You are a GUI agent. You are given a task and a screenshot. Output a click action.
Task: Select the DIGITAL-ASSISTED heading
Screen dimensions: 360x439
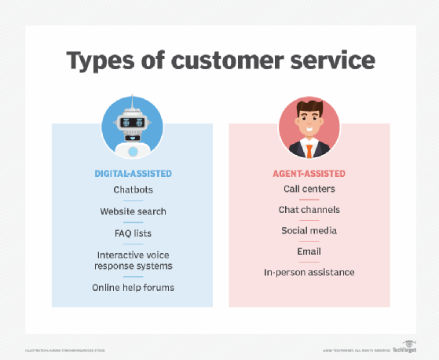coord(132,172)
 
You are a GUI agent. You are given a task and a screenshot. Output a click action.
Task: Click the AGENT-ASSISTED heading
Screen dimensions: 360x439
coord(309,172)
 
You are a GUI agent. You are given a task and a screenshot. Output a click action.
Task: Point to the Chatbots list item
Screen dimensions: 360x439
coord(132,190)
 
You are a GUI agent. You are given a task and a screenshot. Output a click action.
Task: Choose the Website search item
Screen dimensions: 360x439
coord(133,211)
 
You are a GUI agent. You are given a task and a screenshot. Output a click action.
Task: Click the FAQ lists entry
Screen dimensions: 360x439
coord(132,233)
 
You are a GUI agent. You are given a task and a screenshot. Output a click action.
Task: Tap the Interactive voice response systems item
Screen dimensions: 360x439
coord(133,260)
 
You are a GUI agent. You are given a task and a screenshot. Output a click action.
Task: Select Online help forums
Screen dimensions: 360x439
coord(132,287)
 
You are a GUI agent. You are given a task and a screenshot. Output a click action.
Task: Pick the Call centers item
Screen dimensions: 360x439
coord(309,189)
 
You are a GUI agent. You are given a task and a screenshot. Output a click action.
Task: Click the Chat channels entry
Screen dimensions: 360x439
coord(309,210)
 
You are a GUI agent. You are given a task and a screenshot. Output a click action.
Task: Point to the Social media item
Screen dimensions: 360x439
coord(309,230)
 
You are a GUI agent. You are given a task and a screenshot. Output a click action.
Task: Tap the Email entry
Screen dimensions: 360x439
coord(309,252)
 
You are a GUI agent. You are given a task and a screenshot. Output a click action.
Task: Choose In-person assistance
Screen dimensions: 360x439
coord(309,272)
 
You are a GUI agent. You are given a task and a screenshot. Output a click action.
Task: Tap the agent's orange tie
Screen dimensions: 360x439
coord(309,151)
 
